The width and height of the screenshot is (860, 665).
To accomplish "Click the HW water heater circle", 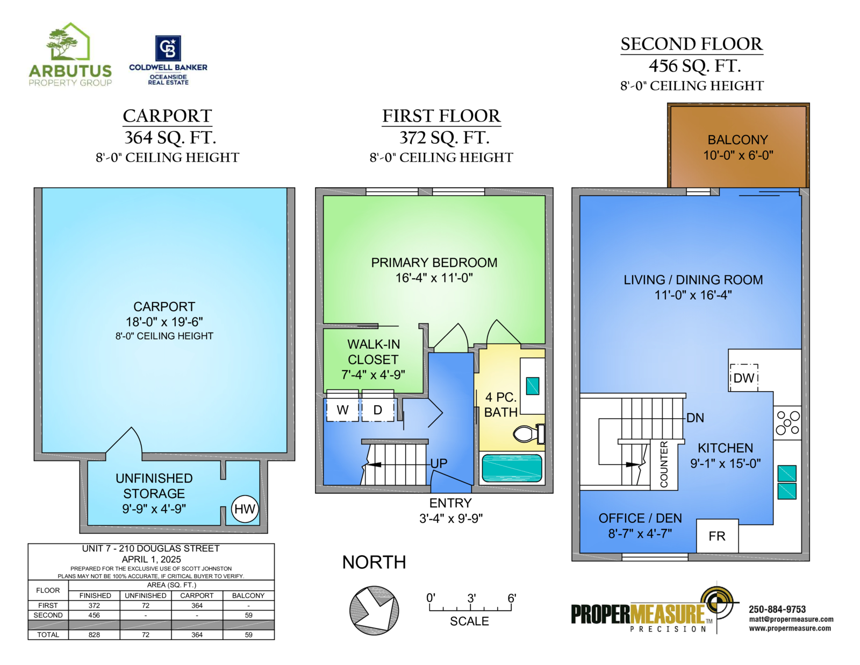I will coord(245,509).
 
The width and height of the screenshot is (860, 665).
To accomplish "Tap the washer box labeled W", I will coord(342,410).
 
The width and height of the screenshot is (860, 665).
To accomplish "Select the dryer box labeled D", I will coord(378,410).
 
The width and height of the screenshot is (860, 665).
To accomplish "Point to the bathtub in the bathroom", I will coord(512,468).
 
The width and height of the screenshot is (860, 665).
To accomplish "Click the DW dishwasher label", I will coord(744,378).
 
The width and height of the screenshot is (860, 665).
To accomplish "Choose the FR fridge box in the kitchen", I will coord(717,536).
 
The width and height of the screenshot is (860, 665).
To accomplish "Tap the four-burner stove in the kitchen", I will coord(787,423).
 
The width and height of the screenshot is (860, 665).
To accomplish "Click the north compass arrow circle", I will coord(374,610).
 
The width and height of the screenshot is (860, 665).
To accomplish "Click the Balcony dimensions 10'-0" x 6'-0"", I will coord(738,155).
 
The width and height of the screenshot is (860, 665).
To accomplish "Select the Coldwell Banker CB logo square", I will coord(168,48).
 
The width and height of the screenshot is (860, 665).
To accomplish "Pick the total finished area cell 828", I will coord(94,635).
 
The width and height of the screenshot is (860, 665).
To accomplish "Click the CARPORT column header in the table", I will coord(197,596).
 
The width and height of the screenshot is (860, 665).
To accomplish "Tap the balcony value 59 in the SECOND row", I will coord(248,615).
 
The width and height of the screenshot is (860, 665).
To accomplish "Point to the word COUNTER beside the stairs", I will coord(664,464).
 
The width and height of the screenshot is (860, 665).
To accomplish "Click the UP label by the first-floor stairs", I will coord(439,463).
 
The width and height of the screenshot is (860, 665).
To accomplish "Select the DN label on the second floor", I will coord(695,418).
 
